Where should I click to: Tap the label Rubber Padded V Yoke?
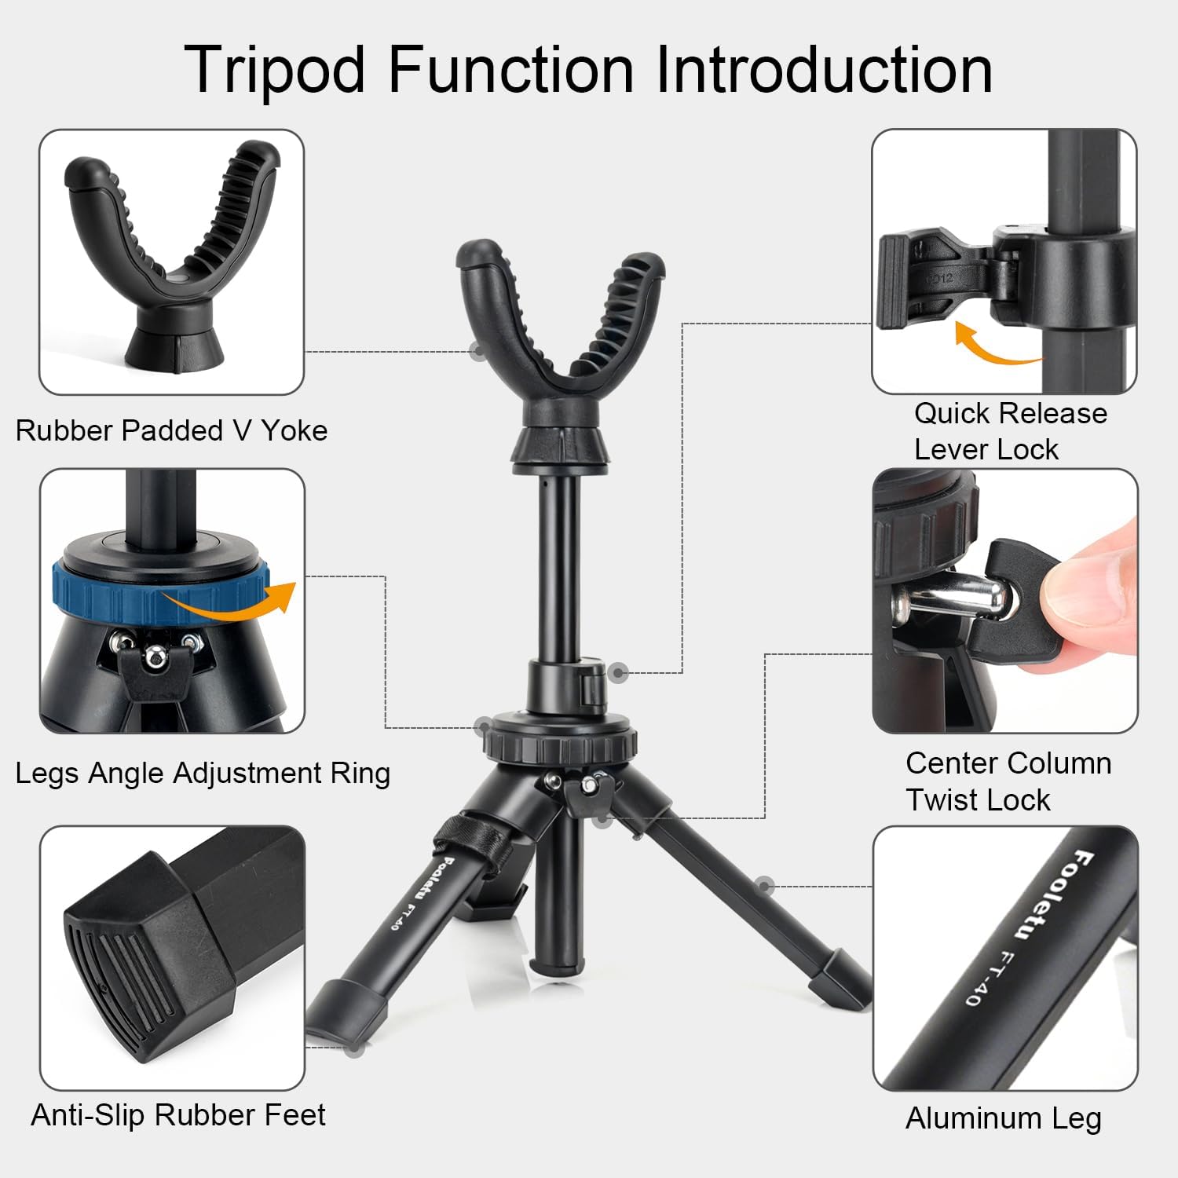[171, 430]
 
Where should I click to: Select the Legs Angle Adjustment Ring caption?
[203, 773]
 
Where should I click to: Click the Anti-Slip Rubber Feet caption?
[177, 1115]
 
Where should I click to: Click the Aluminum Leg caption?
[1003, 1118]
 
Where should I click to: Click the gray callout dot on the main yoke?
[477, 351]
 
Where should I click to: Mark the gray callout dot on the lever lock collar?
[619, 672]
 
